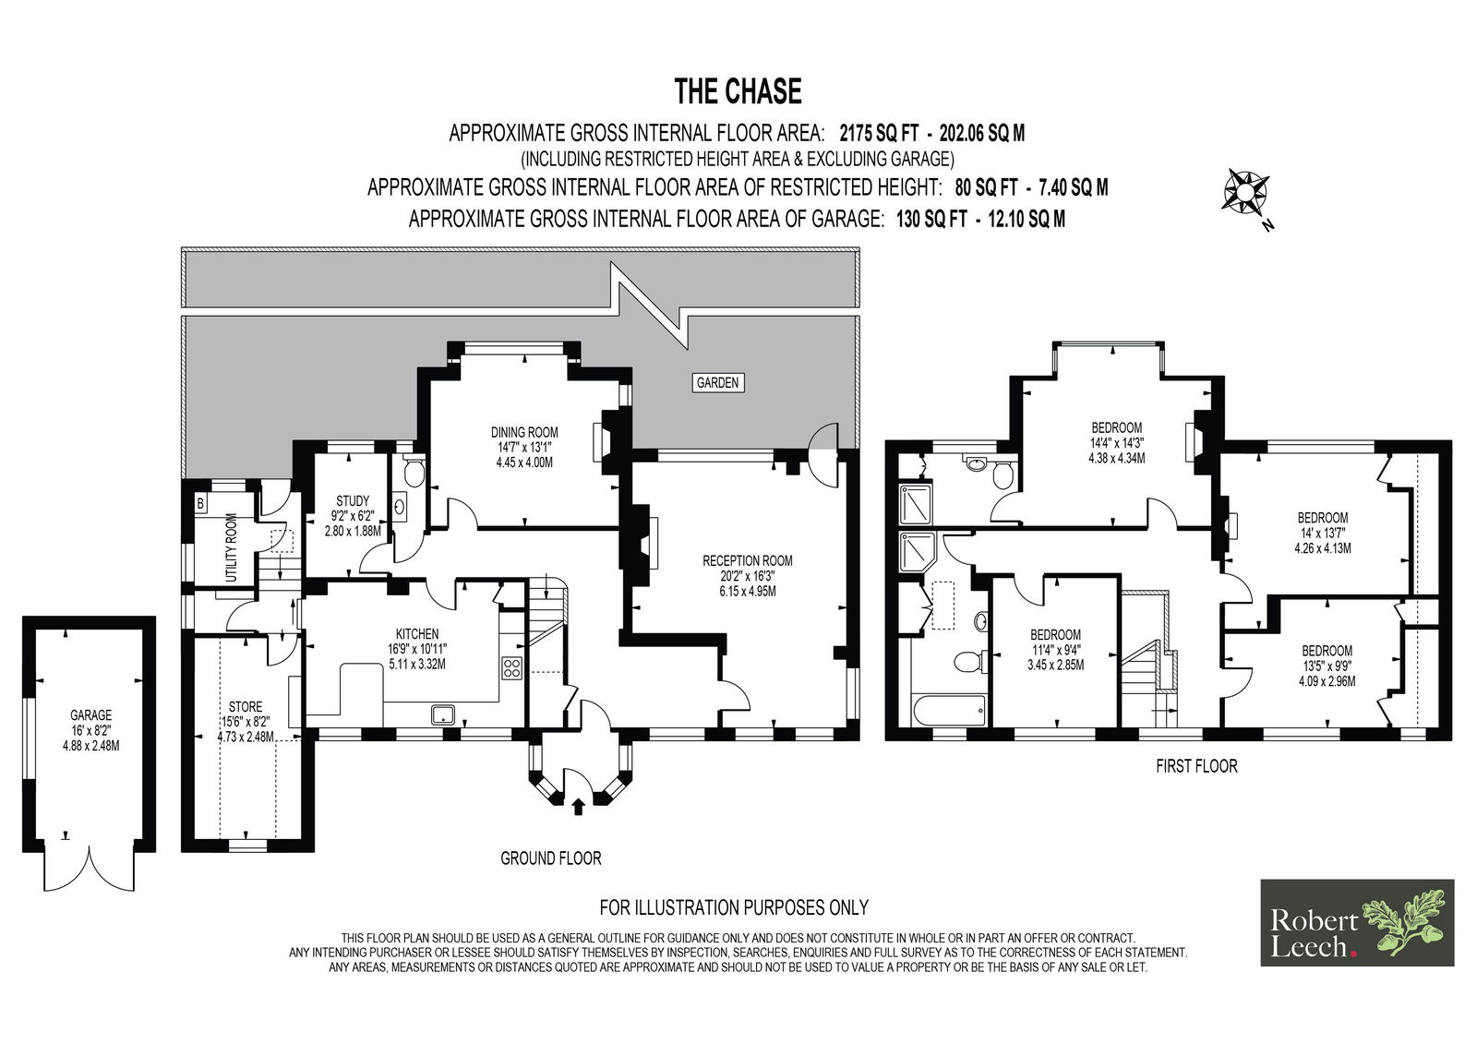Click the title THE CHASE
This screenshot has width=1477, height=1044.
pyautogui.click(x=738, y=91)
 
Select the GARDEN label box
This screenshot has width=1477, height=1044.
pyautogui.click(x=717, y=382)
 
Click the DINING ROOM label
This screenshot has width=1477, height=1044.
pyautogui.click(x=524, y=433)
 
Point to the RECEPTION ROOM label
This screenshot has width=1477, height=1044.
pyautogui.click(x=747, y=560)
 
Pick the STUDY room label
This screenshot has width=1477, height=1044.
pyautogui.click(x=353, y=500)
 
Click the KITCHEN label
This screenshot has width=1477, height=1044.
pyautogui.click(x=416, y=634)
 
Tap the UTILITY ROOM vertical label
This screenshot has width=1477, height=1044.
pyautogui.click(x=231, y=547)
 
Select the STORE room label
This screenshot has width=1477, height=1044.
pyautogui.click(x=246, y=706)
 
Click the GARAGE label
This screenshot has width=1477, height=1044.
pyautogui.click(x=91, y=714)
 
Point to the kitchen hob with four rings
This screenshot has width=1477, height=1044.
pyautogui.click(x=511, y=667)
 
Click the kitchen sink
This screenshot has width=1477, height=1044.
pyautogui.click(x=442, y=714)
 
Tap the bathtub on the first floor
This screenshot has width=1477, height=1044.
pyautogui.click(x=949, y=710)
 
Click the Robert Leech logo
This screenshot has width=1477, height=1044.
pyautogui.click(x=1357, y=923)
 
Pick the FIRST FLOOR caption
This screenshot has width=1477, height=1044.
pyautogui.click(x=1196, y=765)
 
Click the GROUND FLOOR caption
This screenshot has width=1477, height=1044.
pyautogui.click(x=550, y=858)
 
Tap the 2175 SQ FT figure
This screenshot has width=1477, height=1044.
pyautogui.click(x=879, y=133)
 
